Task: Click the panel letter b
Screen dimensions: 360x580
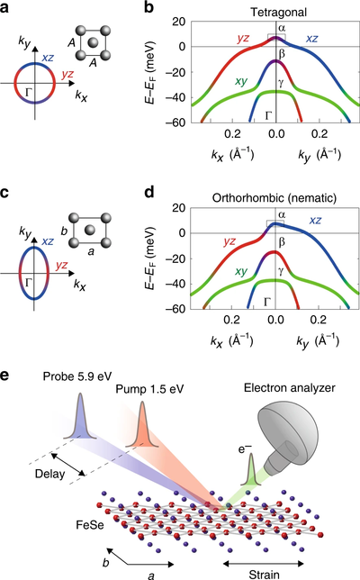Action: click(148, 7)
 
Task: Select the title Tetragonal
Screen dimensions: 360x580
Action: click(278, 13)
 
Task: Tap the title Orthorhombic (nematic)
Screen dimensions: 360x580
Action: click(274, 198)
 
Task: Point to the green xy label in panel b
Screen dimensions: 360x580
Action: click(241, 81)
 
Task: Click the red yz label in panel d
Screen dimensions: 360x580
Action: click(229, 242)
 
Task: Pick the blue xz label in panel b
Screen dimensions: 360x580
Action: click(311, 39)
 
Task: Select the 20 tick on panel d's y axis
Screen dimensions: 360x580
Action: click(179, 208)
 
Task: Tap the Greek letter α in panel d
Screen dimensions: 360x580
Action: click(282, 214)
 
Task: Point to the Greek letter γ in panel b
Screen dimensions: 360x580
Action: click(281, 83)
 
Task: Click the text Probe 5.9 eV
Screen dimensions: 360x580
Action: click(77, 376)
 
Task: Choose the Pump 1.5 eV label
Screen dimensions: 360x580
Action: click(149, 389)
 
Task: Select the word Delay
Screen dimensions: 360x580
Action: click(49, 474)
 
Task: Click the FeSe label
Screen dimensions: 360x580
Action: click(90, 524)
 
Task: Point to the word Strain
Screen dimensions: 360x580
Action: click(264, 575)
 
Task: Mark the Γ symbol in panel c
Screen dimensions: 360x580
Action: click(28, 283)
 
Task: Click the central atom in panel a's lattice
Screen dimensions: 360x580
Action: click(93, 41)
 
